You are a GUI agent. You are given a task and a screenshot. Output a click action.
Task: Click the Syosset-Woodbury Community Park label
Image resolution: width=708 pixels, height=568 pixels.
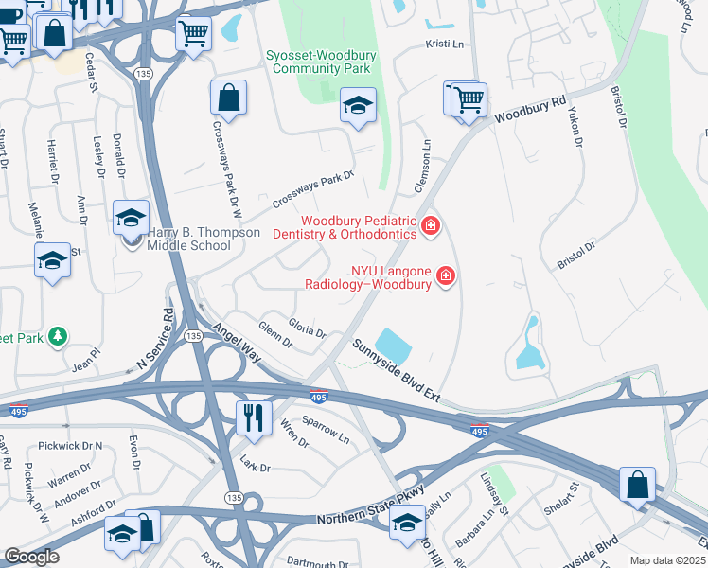coord(321,63)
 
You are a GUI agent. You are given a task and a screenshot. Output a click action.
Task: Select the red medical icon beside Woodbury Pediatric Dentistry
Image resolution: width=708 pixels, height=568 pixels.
coord(431,225)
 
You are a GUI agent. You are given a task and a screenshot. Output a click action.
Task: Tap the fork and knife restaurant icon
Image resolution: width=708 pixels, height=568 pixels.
coord(252,417)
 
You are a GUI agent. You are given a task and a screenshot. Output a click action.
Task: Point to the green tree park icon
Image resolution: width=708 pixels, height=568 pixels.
coord(58,336)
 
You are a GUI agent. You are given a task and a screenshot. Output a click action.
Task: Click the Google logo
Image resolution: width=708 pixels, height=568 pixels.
coord(31,557)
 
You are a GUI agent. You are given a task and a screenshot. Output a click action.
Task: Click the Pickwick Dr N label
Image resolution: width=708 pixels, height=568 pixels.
coord(70,445)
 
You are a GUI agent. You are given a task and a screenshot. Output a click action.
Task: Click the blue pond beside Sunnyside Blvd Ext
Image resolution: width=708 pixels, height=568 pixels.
coord(394,344)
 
